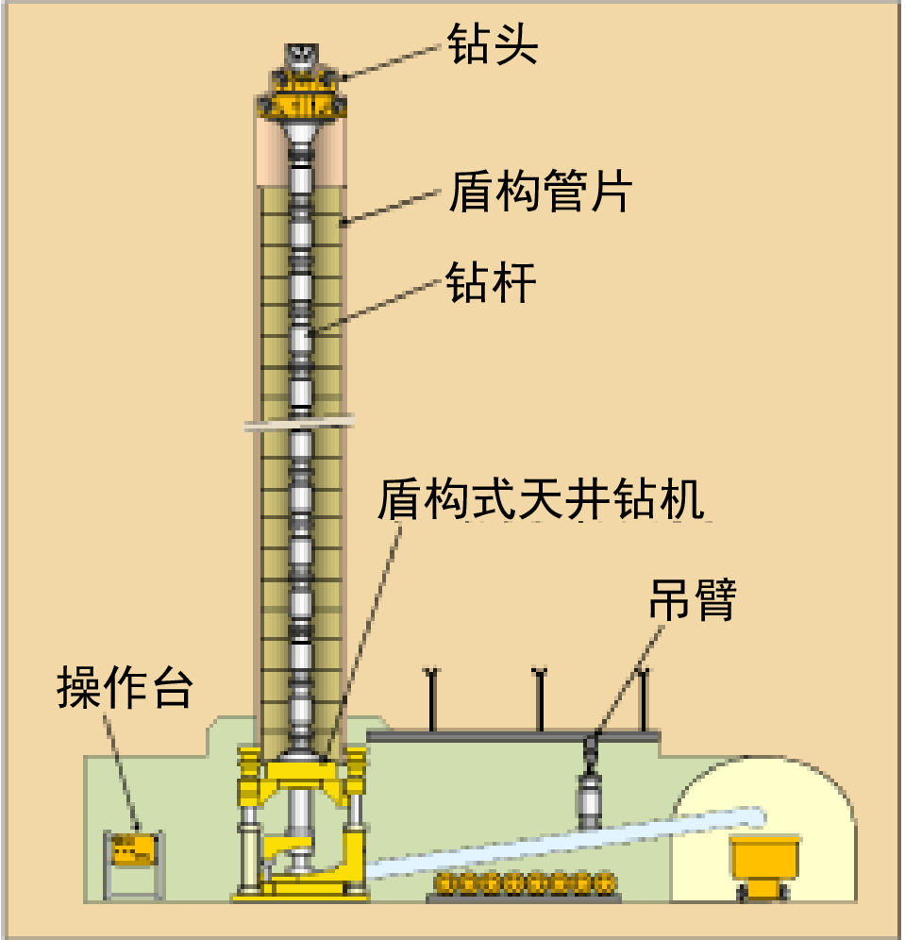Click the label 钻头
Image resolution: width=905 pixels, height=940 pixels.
[x=492, y=43]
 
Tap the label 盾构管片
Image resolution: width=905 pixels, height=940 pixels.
[x=540, y=191]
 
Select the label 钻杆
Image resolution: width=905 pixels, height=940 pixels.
[x=491, y=282]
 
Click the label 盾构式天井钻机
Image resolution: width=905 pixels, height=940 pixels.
[x=541, y=498]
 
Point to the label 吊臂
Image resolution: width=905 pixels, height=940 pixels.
[x=693, y=599]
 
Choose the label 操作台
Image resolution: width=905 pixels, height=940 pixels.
[x=125, y=688]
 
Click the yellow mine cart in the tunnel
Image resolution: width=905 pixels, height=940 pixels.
[x=764, y=867]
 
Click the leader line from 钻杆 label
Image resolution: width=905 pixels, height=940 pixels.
[x=377, y=306]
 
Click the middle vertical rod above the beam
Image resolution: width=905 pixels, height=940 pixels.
[x=540, y=699]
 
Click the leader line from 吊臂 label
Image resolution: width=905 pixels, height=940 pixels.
[x=629, y=680]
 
